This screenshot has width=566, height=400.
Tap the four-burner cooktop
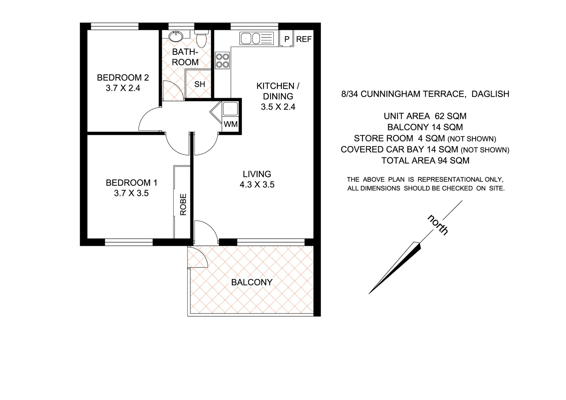coord(222,61)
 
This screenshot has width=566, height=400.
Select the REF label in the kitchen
coord(304,39)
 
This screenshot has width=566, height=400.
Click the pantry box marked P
coord(286,39)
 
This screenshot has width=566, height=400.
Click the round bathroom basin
coord(174,36)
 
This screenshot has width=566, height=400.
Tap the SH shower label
coord(200,84)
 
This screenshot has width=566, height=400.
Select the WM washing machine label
coord(231,124)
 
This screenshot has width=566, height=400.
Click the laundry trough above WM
coord(230,109)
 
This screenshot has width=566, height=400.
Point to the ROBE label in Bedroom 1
coord(183,204)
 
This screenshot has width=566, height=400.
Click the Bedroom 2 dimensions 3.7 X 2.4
coord(123,88)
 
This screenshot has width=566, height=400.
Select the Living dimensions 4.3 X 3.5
coord(257,184)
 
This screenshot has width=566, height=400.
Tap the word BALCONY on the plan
coord(252,282)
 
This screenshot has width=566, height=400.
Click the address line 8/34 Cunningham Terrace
coord(425,94)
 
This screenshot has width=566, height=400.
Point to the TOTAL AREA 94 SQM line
coord(425,161)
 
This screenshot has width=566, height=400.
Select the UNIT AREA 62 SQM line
coord(425,116)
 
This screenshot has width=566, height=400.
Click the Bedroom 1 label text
coord(131,183)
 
